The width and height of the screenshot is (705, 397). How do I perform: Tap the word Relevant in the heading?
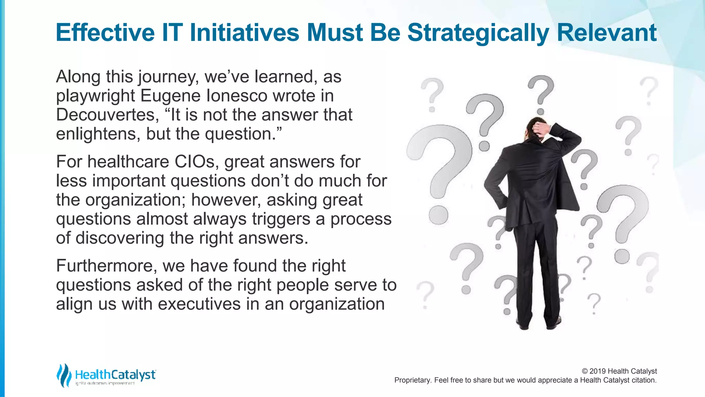(x=606, y=33)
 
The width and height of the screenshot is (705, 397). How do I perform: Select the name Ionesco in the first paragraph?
(x=236, y=95)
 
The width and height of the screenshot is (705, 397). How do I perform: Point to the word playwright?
(x=95, y=96)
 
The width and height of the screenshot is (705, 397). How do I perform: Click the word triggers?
(x=281, y=219)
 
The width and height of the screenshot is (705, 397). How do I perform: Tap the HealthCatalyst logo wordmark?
(x=115, y=375)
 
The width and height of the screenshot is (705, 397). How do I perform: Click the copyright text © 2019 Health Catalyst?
(x=619, y=371)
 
